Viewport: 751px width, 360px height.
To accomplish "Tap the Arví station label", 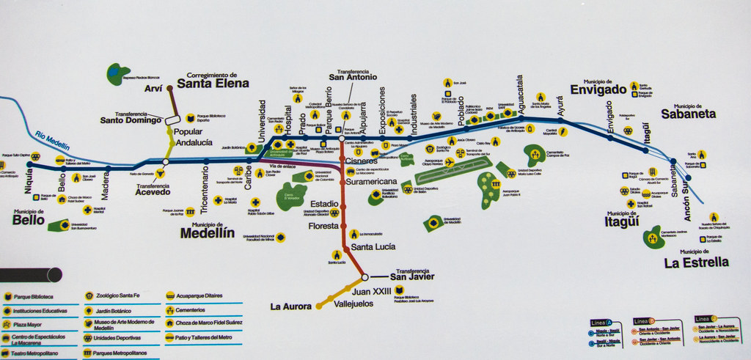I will [153, 89].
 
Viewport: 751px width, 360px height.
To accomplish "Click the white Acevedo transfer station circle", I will [166, 162].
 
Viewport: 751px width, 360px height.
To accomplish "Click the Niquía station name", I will [29, 178].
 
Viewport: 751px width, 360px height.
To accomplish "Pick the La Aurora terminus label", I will [291, 306].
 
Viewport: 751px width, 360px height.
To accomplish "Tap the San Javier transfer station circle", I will [364, 277].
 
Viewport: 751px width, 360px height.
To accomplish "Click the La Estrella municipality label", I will [696, 262].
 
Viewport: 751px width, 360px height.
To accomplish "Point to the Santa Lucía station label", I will [373, 247].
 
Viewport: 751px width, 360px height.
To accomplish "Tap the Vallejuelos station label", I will [353, 303].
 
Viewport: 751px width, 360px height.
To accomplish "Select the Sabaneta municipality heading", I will [688, 114].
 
